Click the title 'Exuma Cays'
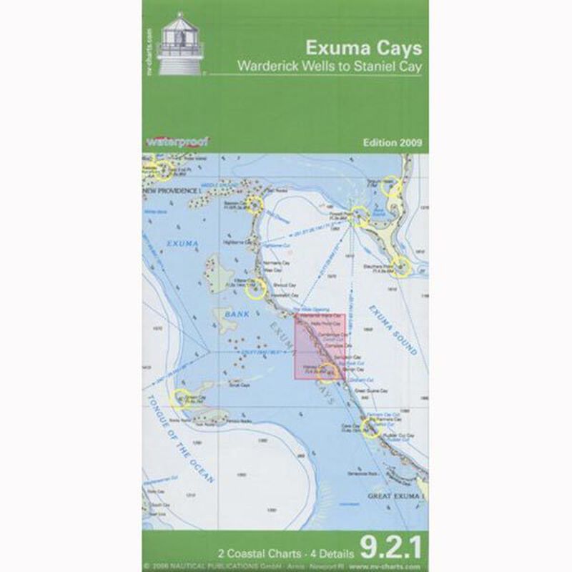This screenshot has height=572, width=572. (x=363, y=49)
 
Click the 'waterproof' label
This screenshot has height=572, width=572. (x=172, y=142)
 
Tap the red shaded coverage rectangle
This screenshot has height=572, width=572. (x=320, y=347)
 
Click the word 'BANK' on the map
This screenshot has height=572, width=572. (x=230, y=314)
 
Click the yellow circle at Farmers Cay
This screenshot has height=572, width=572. (x=370, y=428)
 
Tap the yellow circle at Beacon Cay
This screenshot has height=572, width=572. (x=256, y=207)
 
